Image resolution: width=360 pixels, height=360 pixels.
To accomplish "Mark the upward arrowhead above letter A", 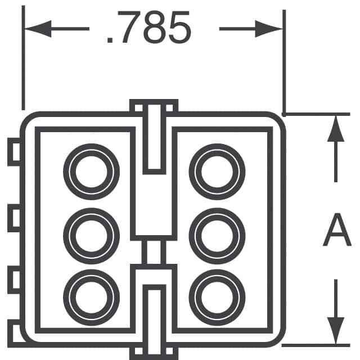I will pyautogui.click(x=336, y=130).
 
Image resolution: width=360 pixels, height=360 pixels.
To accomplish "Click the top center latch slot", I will pyautogui.click(x=154, y=138).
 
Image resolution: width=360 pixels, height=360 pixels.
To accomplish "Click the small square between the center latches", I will pyautogui.click(x=154, y=252).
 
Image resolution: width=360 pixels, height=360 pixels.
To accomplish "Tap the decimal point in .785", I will pyautogui.click(x=110, y=41).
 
